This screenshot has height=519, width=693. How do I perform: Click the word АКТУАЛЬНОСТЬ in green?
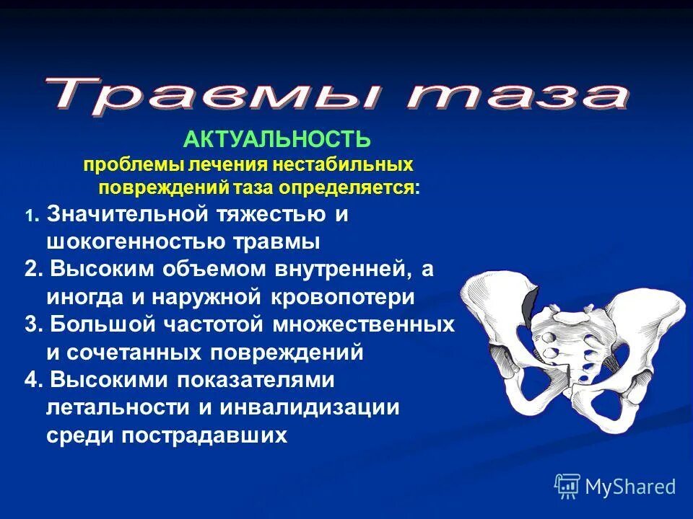[x=277, y=140]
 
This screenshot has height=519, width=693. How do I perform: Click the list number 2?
[x=31, y=269]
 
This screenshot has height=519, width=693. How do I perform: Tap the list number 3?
[x=31, y=324]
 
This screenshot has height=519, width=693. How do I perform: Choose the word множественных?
[x=364, y=324]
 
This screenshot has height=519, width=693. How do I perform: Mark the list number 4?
[x=31, y=380]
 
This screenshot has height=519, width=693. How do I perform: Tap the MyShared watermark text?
[x=630, y=487]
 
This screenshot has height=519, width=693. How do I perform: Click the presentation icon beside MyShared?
[x=567, y=486]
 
